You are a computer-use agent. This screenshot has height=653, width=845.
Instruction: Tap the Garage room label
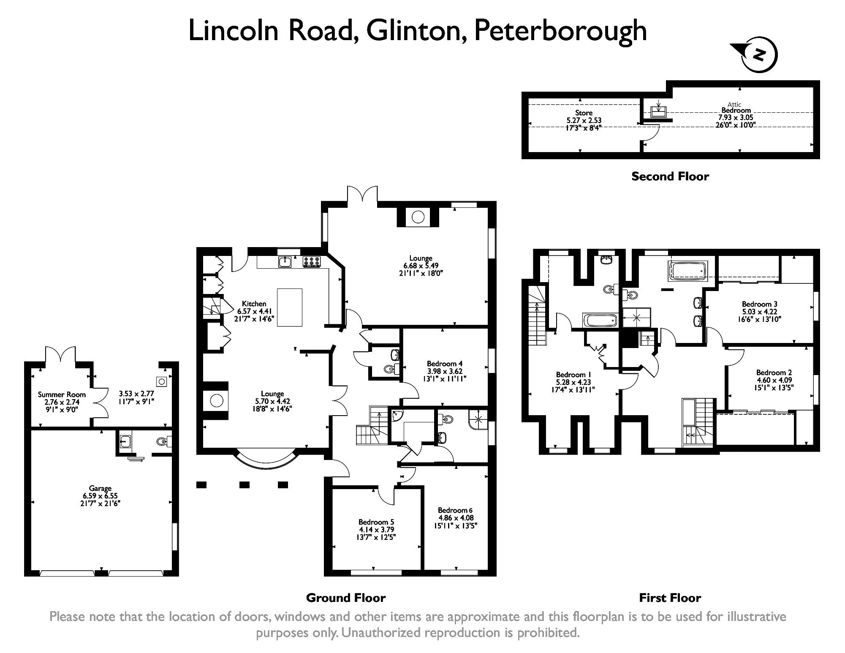100,488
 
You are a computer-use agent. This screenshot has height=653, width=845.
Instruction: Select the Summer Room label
62,395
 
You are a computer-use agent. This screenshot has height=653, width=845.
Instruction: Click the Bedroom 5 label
376,522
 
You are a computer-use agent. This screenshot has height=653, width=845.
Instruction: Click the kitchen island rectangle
289,307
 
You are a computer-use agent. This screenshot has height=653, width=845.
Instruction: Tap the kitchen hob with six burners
311,262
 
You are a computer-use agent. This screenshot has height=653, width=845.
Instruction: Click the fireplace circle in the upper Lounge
418,217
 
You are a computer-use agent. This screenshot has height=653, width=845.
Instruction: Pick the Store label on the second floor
584,113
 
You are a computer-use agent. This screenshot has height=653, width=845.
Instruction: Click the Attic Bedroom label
736,108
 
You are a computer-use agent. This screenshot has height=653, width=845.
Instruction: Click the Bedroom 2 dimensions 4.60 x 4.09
774,380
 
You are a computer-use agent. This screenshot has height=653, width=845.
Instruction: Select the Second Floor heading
670,176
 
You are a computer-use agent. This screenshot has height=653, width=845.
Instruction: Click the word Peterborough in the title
560,31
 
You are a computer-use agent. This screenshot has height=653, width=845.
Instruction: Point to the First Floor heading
670,598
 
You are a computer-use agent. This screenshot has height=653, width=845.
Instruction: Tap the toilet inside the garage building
162,442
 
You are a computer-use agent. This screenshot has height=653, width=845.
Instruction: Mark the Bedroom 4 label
444,363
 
